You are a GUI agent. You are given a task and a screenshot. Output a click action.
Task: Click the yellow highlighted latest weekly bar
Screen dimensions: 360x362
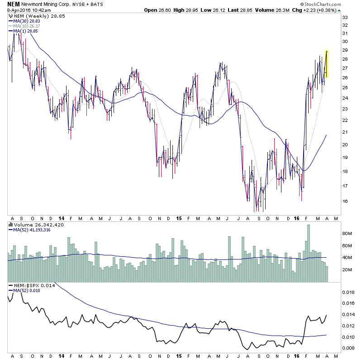point(327,64)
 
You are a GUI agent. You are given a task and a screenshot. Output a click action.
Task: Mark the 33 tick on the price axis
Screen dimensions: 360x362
point(345,17)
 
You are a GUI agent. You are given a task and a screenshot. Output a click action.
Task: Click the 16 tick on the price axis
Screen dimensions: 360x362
point(345,202)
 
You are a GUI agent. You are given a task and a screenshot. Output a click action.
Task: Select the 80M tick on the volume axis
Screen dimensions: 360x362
point(347,234)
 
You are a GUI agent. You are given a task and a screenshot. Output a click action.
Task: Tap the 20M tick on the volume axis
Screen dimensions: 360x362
point(347,270)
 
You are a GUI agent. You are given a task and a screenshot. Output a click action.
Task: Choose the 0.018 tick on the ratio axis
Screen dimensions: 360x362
point(348,293)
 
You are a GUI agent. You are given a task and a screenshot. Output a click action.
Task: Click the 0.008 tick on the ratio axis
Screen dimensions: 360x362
point(348,348)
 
